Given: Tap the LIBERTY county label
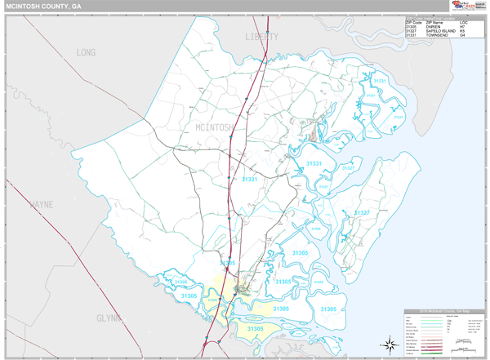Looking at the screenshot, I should [261, 38].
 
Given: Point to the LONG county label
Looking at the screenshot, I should [86, 52].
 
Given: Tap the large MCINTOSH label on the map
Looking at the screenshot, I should [216, 127].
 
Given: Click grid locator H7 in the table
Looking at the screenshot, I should [463, 26].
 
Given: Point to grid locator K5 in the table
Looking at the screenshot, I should [463, 31].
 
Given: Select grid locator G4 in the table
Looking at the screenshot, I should [463, 36].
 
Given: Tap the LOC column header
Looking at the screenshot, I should [463, 21].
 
